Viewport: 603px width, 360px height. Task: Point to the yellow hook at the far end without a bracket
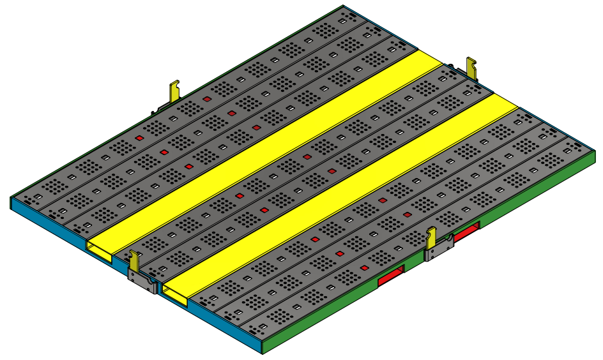click(x=472, y=67)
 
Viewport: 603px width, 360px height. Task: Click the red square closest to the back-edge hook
click(x=207, y=100)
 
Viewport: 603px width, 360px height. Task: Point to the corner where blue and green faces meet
click(x=263, y=349)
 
